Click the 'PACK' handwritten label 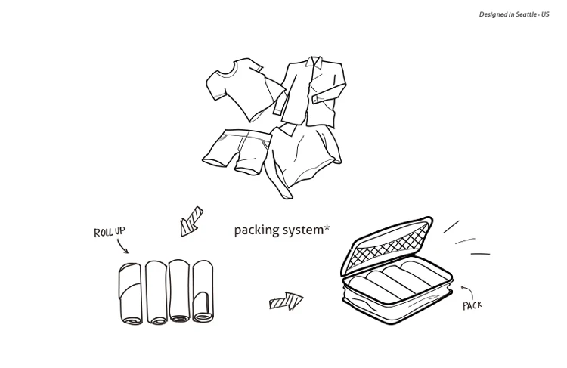pos(472,305)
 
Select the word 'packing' pos(256,230)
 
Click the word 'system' pos(302,230)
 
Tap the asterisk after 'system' pos(327,226)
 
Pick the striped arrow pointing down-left pos(191,219)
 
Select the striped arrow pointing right pos(286,302)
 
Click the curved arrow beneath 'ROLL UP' pos(121,246)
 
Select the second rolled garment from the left pos(156,293)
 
